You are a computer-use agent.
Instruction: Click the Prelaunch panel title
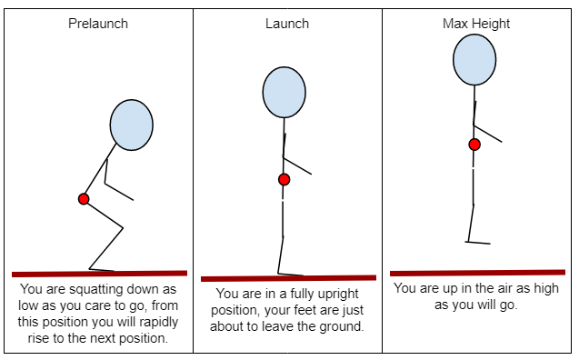pos(98,24)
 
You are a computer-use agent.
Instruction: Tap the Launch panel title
pos(287,22)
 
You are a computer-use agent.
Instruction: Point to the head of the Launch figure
pos(285,94)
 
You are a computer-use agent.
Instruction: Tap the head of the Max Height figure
pos(474,56)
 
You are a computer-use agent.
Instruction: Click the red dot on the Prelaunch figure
pos(84,199)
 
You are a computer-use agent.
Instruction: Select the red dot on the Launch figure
pos(285,179)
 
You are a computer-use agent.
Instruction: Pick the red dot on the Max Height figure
pos(474,145)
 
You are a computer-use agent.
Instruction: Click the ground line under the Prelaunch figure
pos(99,273)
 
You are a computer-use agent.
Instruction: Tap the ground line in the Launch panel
pos(288,278)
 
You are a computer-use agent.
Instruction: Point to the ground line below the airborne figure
pos(477,272)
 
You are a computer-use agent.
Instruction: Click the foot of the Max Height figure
pos(478,242)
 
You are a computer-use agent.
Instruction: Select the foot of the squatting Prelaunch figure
pos(102,268)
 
